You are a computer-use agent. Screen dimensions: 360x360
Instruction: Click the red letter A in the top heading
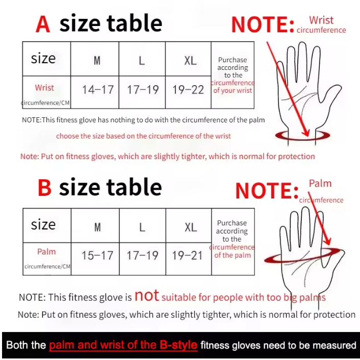[43, 24]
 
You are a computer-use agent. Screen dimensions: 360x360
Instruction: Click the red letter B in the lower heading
[44, 187]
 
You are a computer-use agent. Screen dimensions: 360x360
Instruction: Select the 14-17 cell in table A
[95, 92]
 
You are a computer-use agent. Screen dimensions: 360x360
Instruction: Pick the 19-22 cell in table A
[188, 92]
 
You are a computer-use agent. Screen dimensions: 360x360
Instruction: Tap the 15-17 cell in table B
[95, 259]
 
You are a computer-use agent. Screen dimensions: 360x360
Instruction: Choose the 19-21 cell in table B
[189, 259]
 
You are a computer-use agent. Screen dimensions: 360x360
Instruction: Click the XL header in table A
[190, 61]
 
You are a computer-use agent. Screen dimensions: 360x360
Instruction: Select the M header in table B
[97, 227]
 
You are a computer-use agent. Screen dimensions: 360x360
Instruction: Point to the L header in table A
[142, 61]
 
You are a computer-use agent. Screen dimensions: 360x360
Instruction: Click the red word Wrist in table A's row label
[44, 88]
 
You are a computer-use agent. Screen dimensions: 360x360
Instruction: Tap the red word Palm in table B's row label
[46, 251]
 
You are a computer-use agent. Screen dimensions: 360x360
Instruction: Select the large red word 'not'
[146, 295]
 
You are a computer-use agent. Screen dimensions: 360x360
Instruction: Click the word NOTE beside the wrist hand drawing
[260, 24]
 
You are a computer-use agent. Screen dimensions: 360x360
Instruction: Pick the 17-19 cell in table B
[143, 259]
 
